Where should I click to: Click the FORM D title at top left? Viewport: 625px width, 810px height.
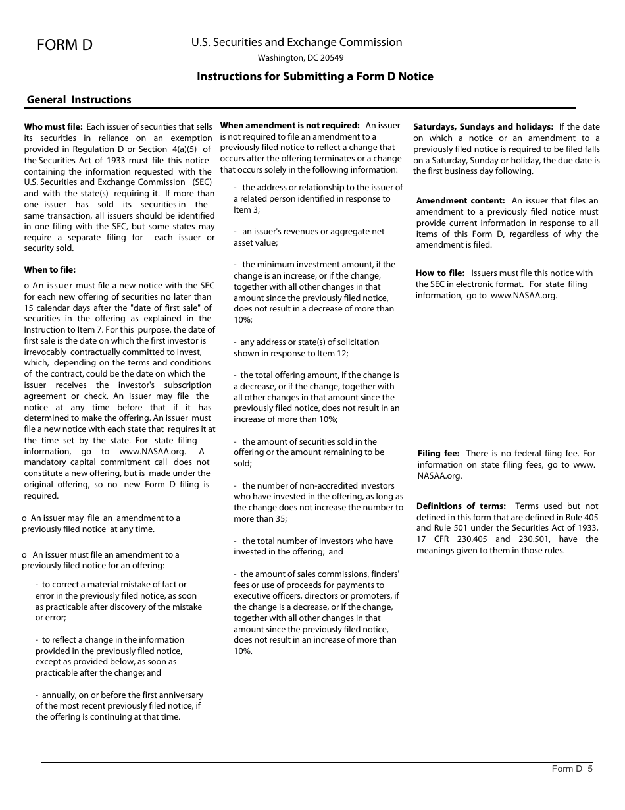click(64, 45)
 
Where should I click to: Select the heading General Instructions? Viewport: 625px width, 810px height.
click(79, 100)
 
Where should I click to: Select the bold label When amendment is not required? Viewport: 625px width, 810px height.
click(289, 125)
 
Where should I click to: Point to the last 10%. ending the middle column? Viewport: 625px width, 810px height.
click(243, 651)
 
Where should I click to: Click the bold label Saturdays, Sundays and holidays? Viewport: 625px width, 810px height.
click(484, 126)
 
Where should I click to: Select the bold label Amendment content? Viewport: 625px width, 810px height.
click(461, 201)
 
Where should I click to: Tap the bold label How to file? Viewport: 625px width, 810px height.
click(440, 273)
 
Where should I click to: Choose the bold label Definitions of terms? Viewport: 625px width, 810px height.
click(461, 506)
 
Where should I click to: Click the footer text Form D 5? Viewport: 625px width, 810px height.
click(572, 768)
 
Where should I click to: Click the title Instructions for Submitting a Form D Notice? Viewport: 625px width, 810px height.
click(315, 76)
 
